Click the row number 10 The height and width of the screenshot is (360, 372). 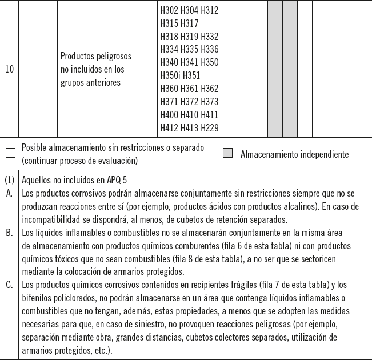(10, 70)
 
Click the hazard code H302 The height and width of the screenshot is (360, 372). (169, 10)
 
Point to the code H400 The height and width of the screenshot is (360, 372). (169, 115)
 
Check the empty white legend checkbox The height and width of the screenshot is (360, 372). (10, 153)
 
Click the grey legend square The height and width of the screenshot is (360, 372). (227, 153)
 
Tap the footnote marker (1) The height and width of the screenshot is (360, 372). (9, 179)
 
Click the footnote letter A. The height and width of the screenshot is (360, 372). (9, 193)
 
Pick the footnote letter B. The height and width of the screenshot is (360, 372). (9, 233)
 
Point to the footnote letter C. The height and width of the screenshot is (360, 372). (9, 285)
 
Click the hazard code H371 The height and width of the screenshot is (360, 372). (169, 102)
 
